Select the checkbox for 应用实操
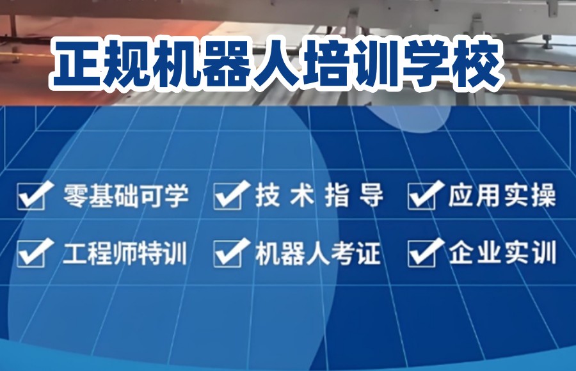point(422,196)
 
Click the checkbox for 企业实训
point(422,253)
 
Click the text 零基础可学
point(125,196)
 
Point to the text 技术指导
point(319,196)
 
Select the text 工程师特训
point(125,253)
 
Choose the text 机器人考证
point(319,253)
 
